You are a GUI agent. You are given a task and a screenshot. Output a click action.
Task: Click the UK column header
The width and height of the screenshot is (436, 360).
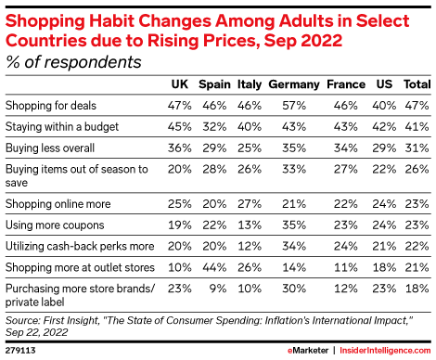pos(180,84)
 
